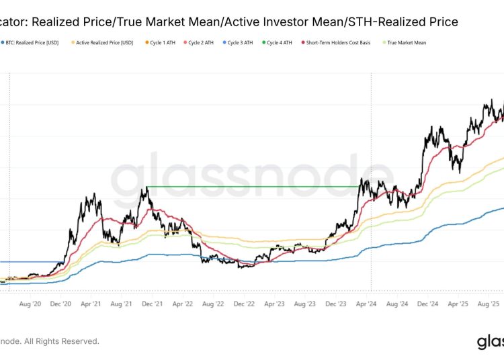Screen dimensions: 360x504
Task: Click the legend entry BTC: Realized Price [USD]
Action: pyautogui.click(x=32, y=42)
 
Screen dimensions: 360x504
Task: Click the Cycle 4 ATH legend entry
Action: pyautogui.click(x=280, y=42)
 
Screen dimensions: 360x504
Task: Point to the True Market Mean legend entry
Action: pyautogui.click(x=407, y=42)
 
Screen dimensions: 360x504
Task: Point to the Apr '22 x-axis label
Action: pyautogui.click(x=183, y=304)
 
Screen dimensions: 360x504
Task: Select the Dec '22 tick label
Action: pyautogui.click(x=244, y=304)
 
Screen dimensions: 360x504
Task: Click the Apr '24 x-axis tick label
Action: pyautogui.click(x=366, y=304)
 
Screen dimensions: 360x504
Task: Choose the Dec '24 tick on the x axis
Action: pyautogui.click(x=427, y=304)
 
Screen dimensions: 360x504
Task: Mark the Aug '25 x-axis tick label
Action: pyautogui.click(x=489, y=304)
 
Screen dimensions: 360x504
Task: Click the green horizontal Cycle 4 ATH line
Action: pyautogui.click(x=255, y=187)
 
